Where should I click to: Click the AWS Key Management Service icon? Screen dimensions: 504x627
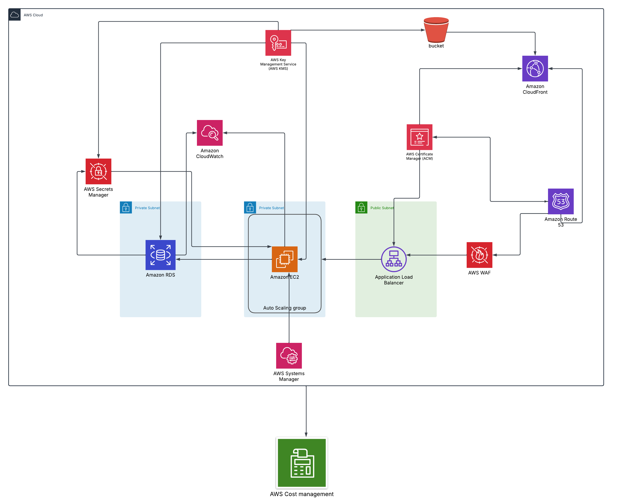278,43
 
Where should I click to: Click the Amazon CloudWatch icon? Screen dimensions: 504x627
210,133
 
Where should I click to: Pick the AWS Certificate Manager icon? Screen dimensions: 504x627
419,137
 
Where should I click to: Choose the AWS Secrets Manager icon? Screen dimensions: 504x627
98,171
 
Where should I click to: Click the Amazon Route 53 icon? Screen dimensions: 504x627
560,201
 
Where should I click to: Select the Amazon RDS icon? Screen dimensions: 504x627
160,255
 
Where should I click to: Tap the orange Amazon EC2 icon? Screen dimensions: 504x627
284,259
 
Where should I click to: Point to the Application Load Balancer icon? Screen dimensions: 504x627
393,259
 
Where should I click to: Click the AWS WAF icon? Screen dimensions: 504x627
479,255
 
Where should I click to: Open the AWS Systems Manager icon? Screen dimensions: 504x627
289,355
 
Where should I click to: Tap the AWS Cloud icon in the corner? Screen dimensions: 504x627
15,15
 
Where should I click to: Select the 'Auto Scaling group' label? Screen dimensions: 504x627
284,308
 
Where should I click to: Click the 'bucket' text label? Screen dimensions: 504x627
436,46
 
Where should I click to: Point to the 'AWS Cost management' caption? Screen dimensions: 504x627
302,494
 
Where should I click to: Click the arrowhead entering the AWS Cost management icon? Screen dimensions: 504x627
306,434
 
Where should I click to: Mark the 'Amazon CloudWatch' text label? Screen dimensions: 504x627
210,153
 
